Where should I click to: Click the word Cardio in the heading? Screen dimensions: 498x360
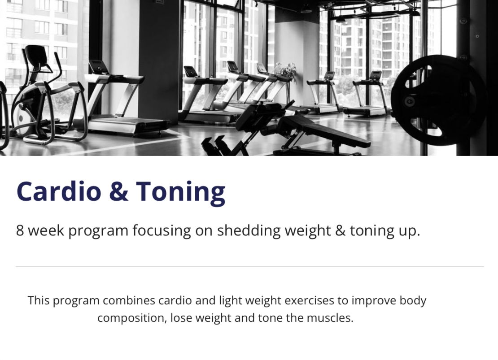(59, 191)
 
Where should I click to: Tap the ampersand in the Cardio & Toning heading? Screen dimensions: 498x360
(119, 191)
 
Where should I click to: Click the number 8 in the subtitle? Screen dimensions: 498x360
(20, 230)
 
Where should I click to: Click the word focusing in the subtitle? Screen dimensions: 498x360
(162, 230)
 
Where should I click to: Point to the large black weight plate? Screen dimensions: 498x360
(439, 100)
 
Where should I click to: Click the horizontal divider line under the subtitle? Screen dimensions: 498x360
(249, 267)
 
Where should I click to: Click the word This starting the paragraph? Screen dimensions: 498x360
(39, 300)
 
